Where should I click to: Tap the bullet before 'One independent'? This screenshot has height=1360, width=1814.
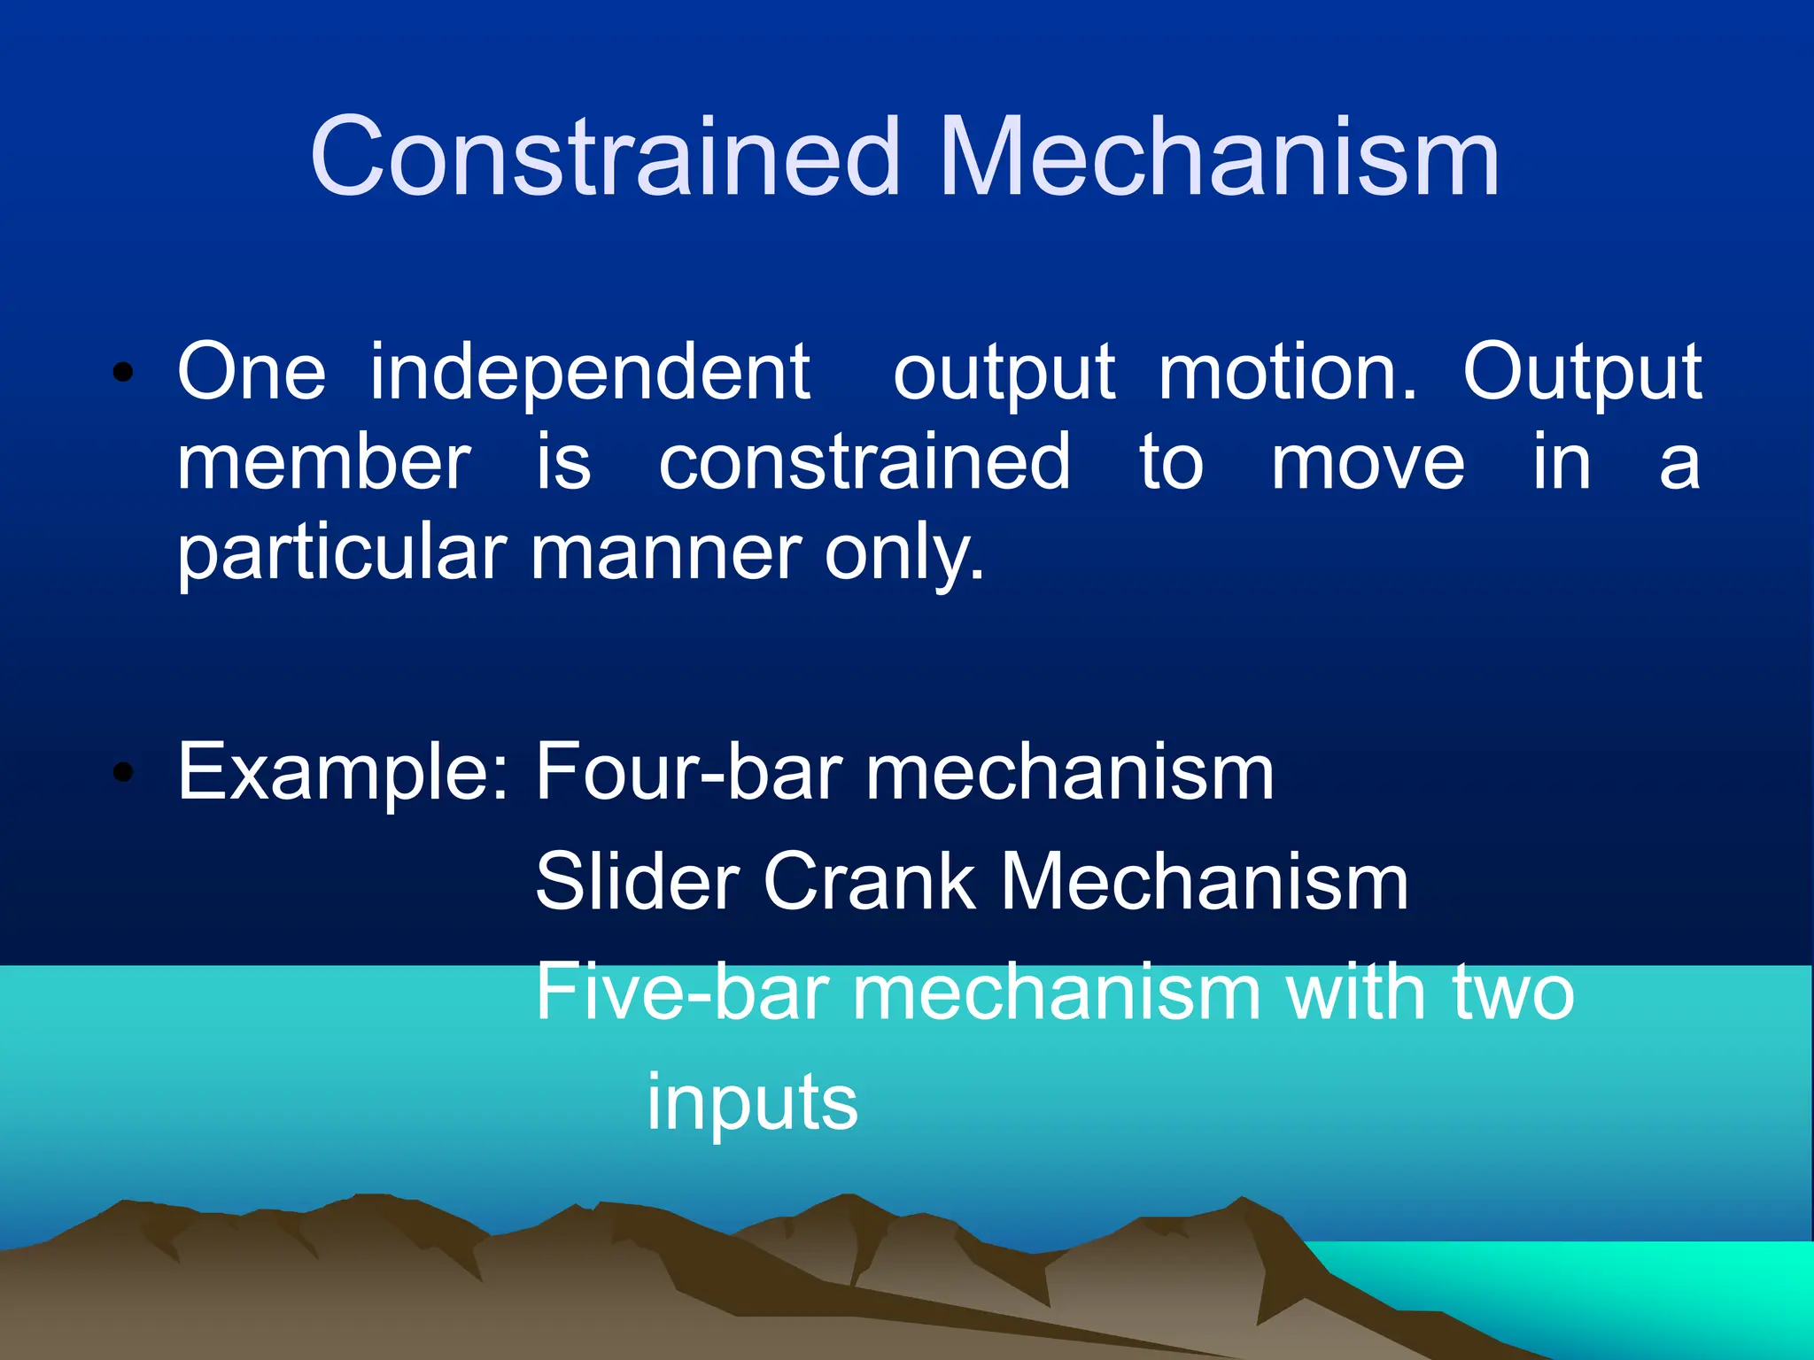(123, 372)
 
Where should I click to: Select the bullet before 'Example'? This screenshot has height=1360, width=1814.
(123, 772)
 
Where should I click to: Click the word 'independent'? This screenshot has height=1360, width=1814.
(590, 374)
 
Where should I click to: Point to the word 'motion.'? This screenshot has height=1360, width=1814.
(1288, 372)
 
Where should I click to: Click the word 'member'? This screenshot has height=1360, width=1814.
(324, 462)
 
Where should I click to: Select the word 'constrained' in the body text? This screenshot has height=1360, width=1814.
(864, 462)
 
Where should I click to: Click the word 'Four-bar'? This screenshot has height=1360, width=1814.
(688, 772)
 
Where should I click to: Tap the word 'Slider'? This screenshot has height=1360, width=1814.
(637, 882)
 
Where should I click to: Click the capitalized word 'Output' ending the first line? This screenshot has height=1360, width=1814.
(1582, 374)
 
